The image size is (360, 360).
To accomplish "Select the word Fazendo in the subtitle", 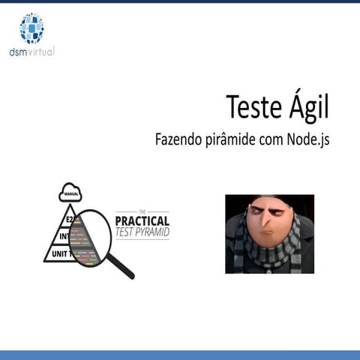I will point(177,139).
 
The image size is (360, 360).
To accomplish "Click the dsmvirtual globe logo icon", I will point(31,28).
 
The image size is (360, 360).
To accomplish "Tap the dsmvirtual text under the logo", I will point(31,52).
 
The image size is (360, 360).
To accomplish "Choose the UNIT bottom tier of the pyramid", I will point(59,255).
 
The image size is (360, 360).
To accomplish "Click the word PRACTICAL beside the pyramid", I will point(142,221).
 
